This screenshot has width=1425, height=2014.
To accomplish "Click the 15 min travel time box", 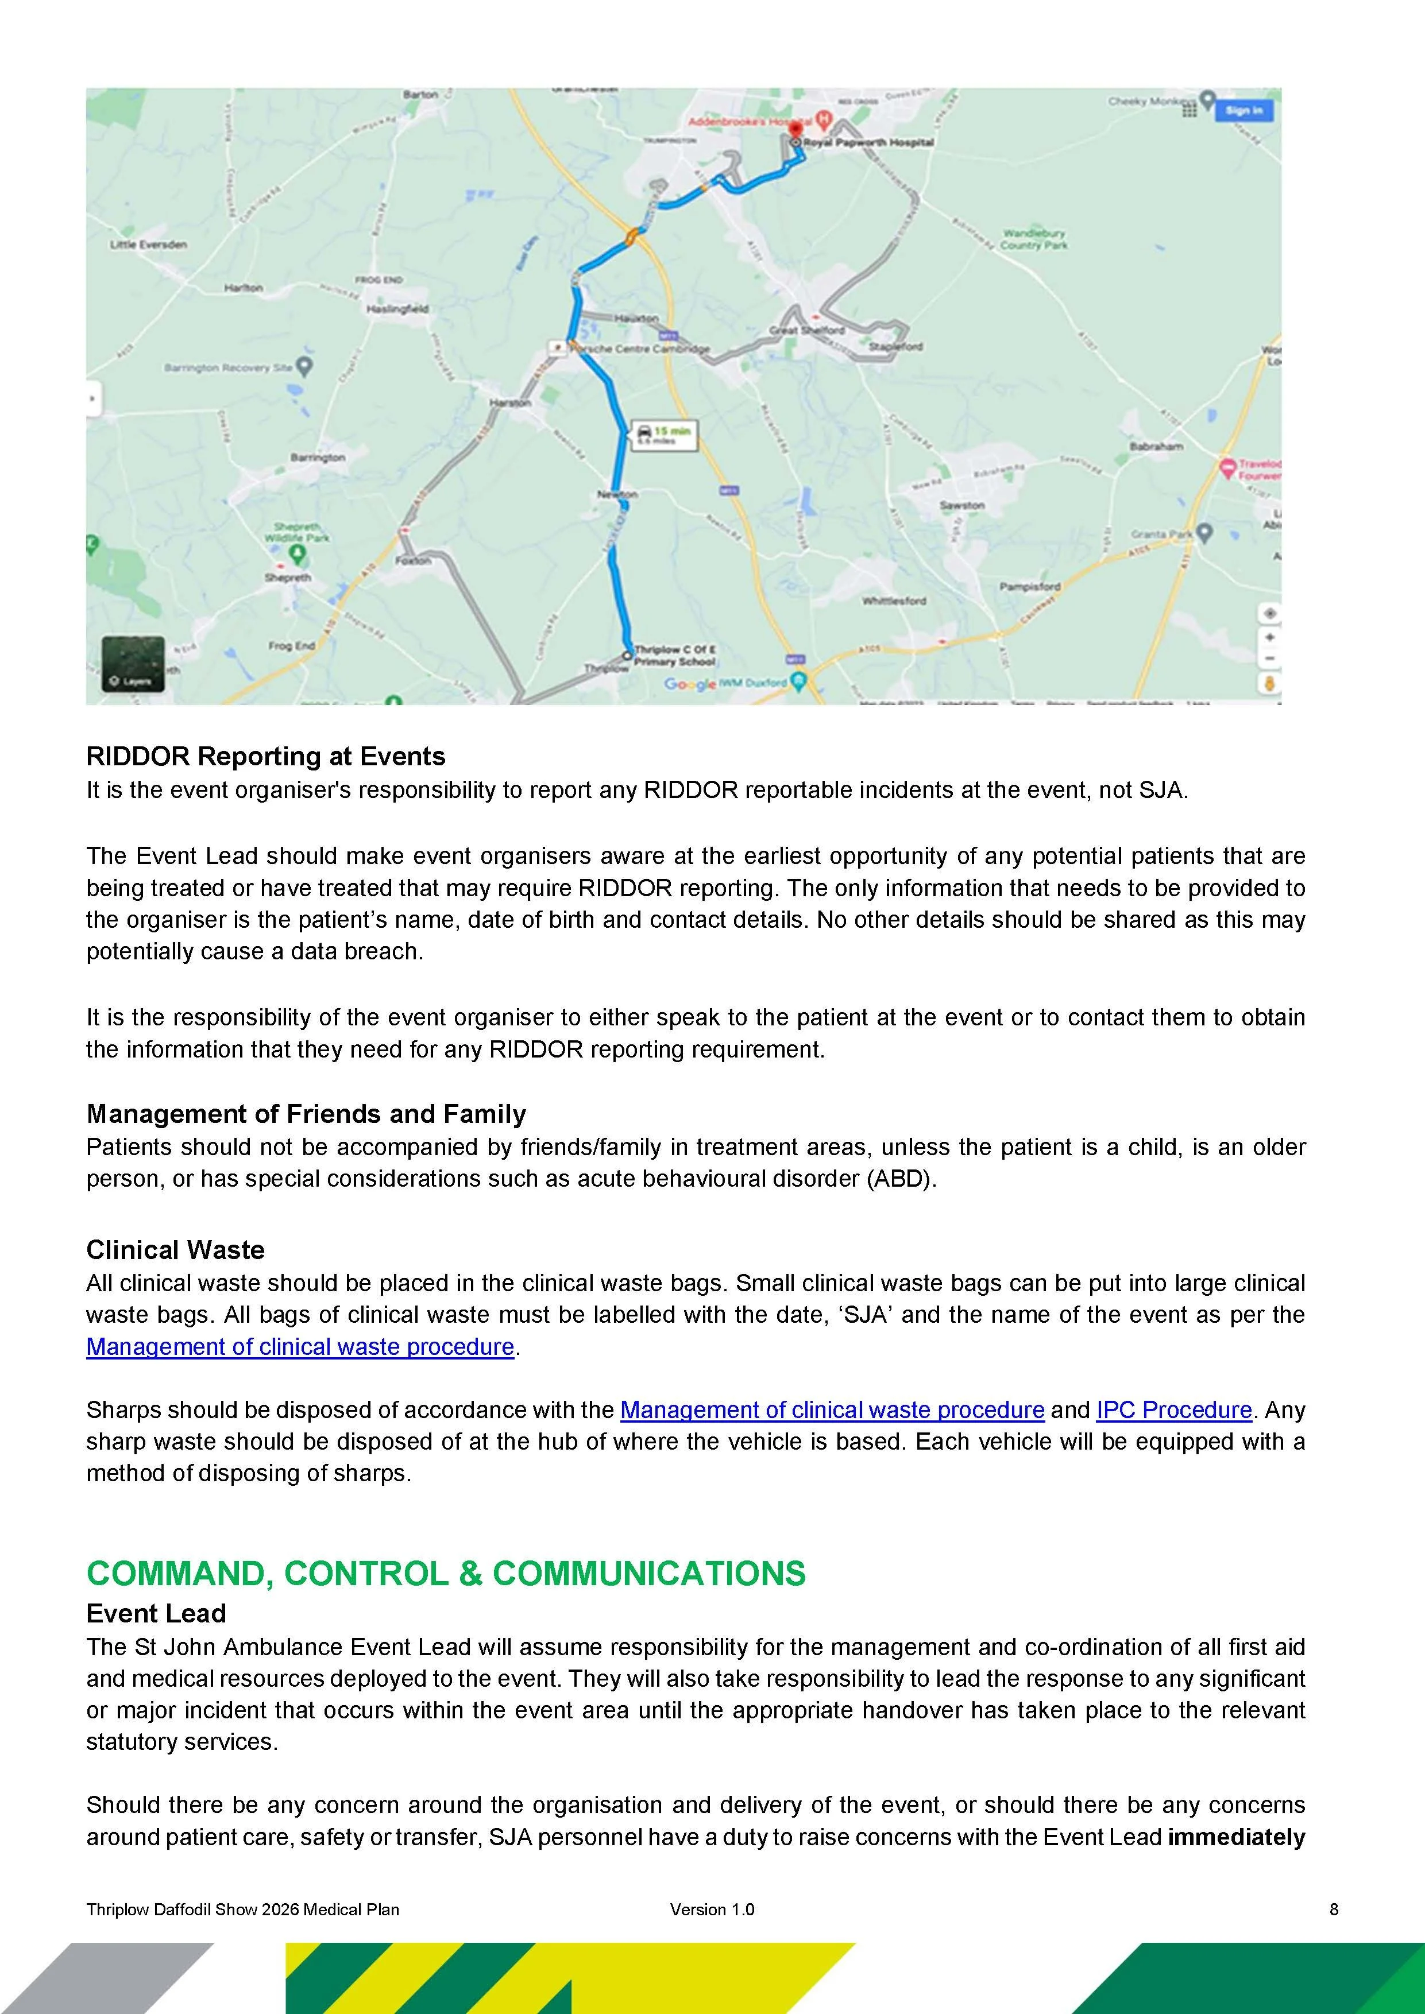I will point(664,435).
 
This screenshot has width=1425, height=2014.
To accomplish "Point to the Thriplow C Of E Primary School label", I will point(674,655).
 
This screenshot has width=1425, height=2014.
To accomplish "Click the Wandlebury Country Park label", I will point(1034,239).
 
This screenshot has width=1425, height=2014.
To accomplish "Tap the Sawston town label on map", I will point(961,505).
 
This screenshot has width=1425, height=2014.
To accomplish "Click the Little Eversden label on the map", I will point(148,245).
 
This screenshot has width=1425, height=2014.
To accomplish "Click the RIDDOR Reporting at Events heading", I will point(265,756).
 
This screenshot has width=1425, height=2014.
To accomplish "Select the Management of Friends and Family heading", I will point(306,1114).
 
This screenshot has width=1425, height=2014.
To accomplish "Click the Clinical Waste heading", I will point(175,1250).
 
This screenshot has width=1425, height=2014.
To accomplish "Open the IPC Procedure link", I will point(1173,1409).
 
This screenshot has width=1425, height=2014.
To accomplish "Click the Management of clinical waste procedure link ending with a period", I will point(299,1346).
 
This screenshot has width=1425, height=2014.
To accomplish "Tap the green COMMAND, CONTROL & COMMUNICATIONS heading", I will point(445,1574).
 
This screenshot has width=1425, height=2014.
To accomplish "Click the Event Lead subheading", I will point(155,1613).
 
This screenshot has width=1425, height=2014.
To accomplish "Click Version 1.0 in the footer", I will point(712,1910).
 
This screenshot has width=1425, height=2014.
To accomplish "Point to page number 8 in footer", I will point(1334,1910).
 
